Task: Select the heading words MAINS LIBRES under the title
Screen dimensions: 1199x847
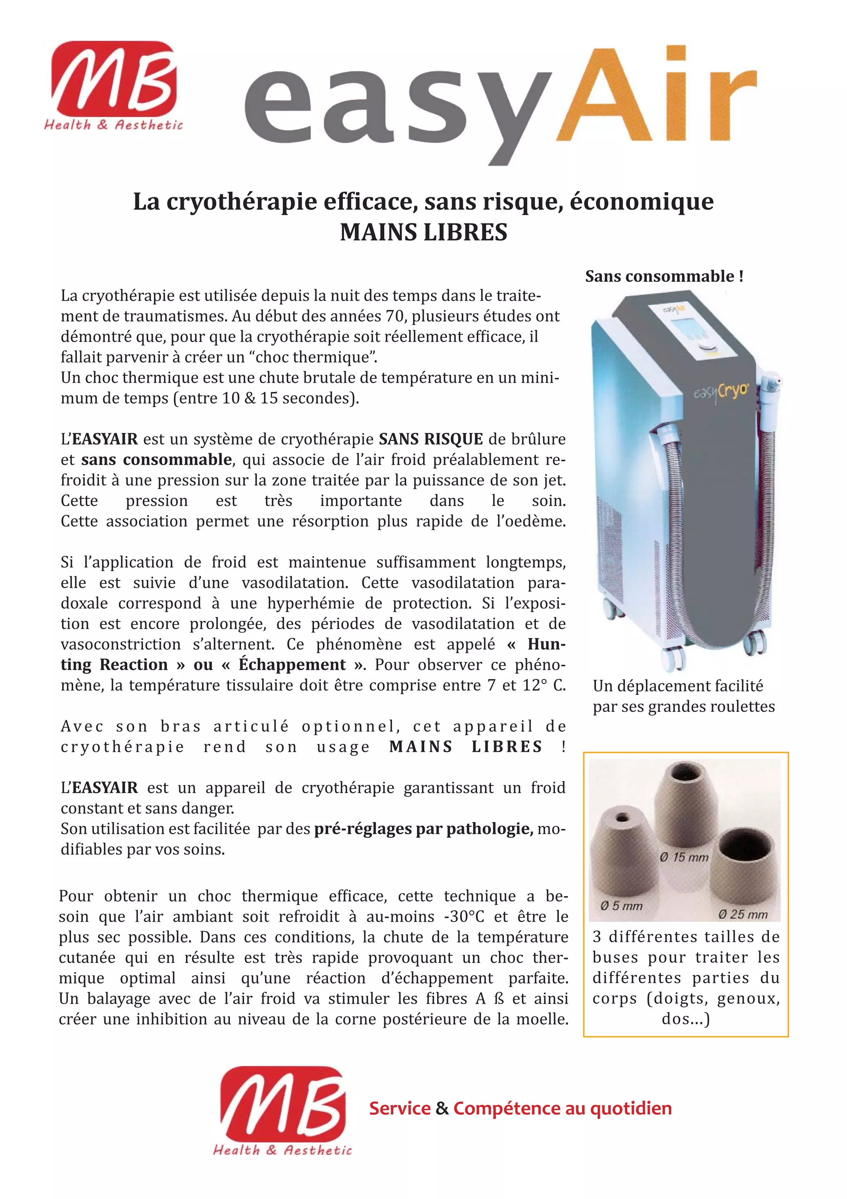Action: pos(423,232)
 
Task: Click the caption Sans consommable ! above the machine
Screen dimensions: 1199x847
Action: pos(664,276)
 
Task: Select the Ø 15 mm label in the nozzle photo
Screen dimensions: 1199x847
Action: pos(684,857)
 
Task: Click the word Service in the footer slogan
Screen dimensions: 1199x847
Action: pos(400,1108)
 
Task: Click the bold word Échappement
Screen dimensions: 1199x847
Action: pos(292,665)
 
